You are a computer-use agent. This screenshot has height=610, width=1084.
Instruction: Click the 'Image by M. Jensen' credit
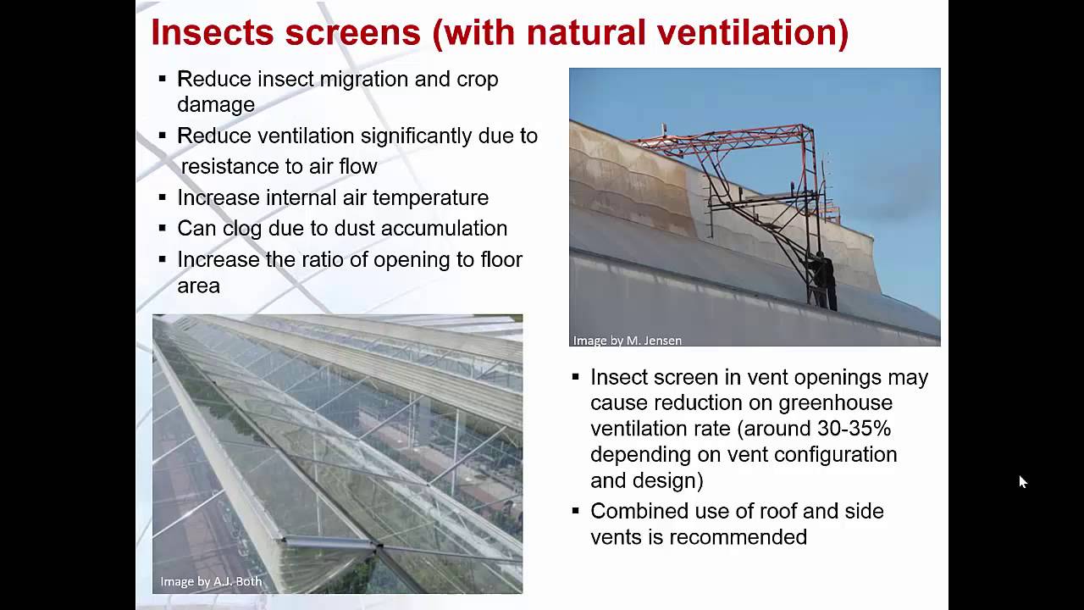(627, 341)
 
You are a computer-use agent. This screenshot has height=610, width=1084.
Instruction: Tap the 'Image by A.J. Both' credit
(211, 582)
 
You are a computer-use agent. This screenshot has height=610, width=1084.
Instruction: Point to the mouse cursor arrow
(1021, 480)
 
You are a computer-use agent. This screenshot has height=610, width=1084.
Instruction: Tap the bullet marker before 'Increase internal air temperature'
(162, 197)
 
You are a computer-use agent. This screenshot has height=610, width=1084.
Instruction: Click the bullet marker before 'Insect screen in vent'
(576, 377)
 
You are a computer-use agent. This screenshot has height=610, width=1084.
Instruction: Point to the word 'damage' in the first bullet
(215, 105)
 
